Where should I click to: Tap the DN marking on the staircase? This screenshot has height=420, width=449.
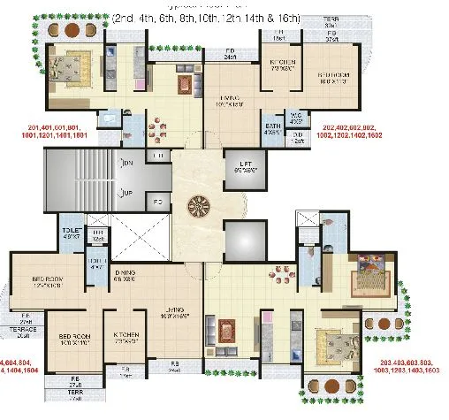128,164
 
